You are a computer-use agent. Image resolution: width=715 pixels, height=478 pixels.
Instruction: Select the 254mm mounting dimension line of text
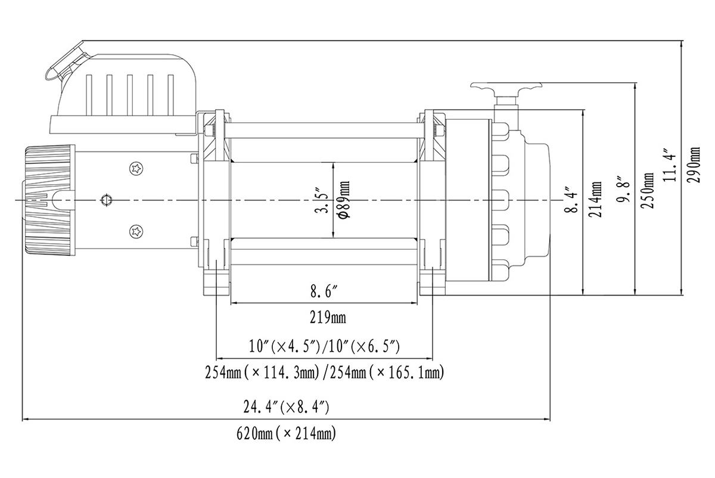[x=325, y=374]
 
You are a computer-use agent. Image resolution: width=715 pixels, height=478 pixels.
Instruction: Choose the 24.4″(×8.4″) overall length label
[x=287, y=408]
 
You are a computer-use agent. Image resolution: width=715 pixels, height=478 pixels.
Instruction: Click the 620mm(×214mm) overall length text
[x=287, y=433]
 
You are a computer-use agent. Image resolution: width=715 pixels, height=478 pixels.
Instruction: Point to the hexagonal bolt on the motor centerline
[x=107, y=200]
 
